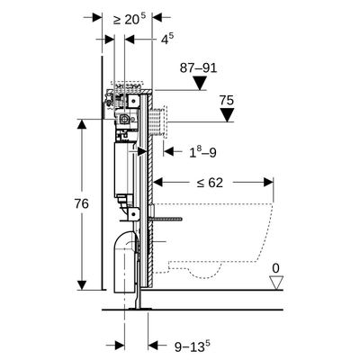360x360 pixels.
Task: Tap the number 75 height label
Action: (x=228, y=101)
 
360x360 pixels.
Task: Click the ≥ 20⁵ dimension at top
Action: (x=128, y=17)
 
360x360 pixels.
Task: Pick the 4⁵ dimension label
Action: (x=167, y=40)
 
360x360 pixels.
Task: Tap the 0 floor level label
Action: (x=277, y=266)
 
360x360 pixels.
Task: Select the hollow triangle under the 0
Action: (x=277, y=282)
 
